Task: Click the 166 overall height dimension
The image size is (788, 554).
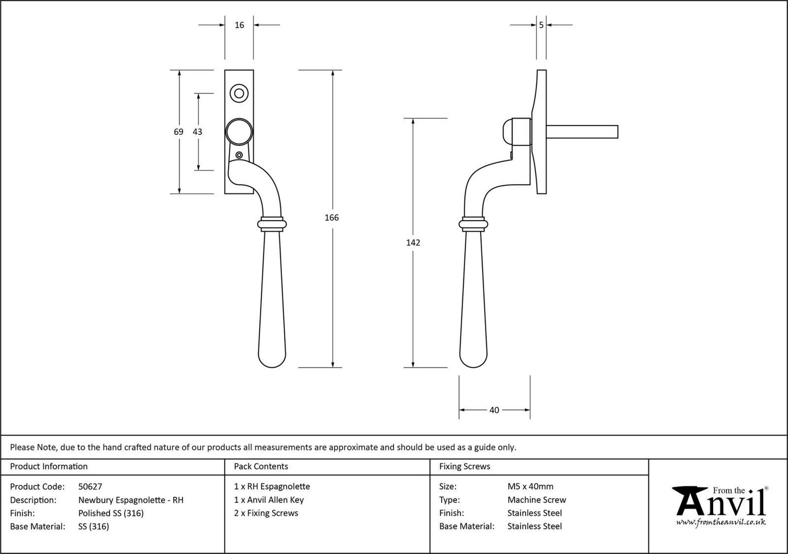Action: point(331,217)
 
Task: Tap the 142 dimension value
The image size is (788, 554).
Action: point(413,243)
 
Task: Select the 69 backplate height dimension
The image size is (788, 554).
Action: point(179,131)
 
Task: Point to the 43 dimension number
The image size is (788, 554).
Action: point(198,131)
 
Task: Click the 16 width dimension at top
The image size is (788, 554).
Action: point(239,25)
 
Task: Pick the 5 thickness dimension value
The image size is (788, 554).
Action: point(541,25)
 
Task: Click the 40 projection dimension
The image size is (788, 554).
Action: point(494,410)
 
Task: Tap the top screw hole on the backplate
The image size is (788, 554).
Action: point(239,93)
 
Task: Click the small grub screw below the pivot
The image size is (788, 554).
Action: point(239,155)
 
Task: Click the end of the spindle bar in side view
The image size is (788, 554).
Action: point(618,132)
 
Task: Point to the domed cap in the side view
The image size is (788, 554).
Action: point(507,131)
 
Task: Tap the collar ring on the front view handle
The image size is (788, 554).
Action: point(272,224)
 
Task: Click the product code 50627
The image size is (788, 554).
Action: point(90,486)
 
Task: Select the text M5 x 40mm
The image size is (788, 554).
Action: point(530,486)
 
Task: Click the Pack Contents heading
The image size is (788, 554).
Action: point(261,466)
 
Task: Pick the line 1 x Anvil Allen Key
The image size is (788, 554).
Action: point(269,500)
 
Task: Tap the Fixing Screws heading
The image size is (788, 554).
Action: point(464,466)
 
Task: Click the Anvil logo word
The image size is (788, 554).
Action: point(721,503)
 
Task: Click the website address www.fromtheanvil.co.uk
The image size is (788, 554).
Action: point(721,522)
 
